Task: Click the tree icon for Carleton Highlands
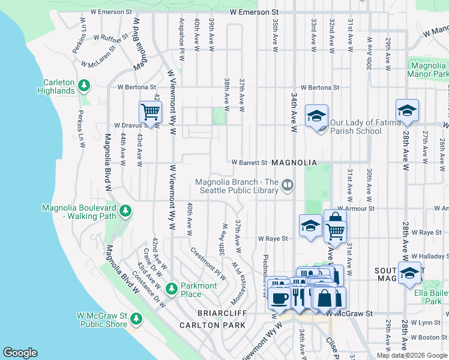click(85, 86)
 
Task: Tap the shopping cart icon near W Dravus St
click(150, 112)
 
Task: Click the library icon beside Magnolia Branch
click(288, 185)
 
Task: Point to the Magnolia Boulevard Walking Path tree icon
click(125, 211)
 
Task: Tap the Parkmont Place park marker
click(172, 289)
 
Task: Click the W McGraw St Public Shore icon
click(136, 319)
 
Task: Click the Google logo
click(20, 353)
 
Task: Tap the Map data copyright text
click(412, 355)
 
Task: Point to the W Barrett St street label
click(250, 163)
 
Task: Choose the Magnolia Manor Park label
click(428, 70)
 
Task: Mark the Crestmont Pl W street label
click(208, 264)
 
